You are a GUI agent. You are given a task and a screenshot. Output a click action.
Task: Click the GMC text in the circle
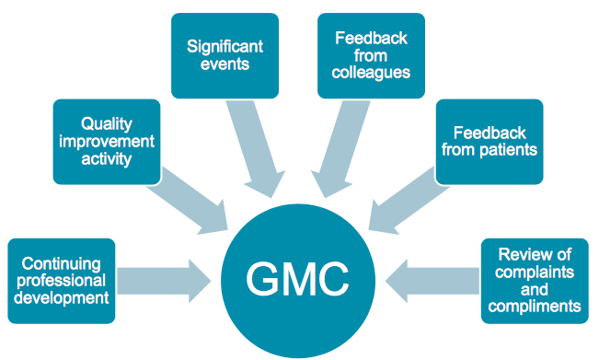(297, 279)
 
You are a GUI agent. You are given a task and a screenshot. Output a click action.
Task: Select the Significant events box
(225, 56)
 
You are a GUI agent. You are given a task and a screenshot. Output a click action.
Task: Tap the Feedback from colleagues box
(371, 56)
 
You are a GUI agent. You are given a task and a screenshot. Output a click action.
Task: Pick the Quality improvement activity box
(107, 142)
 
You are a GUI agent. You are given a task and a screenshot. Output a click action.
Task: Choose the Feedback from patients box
(490, 142)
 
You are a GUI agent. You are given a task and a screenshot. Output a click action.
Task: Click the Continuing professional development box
(62, 281)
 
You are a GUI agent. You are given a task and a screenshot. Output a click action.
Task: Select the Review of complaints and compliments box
(535, 281)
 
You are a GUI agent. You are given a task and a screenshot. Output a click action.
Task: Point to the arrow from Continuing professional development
(164, 281)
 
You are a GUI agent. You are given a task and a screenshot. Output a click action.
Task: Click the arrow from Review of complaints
(432, 281)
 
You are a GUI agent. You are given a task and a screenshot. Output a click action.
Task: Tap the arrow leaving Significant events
(254, 147)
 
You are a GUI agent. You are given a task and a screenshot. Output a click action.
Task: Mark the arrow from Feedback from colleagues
(341, 147)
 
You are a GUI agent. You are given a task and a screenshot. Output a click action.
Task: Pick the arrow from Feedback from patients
(408, 201)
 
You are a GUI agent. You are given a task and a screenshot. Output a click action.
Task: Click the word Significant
(225, 47)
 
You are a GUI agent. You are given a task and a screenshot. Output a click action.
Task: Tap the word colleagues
(371, 73)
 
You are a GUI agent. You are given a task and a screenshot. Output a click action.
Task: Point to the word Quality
(107, 124)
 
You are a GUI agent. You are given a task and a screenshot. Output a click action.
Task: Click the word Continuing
(62, 263)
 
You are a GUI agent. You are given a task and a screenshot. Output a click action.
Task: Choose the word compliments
(535, 307)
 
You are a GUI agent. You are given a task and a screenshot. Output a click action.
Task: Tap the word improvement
(107, 142)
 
